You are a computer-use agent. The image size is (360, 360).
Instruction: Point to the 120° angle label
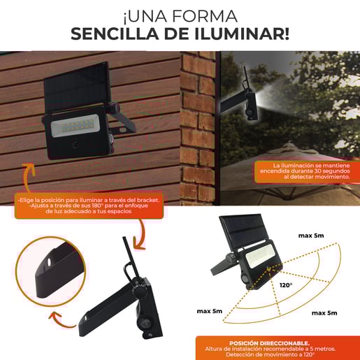tap(286, 285)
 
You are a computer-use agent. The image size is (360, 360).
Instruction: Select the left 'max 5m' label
tap(210, 310)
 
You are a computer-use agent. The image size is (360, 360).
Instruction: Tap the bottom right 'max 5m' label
tap(326, 312)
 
